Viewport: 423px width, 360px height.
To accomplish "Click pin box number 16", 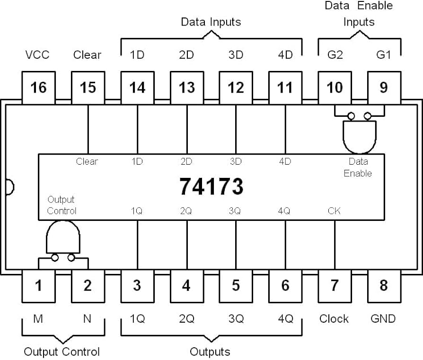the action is tap(39, 88).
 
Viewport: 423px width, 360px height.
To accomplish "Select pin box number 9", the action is tap(384, 88).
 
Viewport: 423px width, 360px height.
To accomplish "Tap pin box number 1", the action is tap(39, 286).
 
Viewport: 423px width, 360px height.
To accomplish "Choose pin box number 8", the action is tap(384, 286).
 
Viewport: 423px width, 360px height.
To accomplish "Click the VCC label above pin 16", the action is tap(37, 55).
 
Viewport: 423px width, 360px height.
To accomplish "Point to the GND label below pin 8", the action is tap(383, 319).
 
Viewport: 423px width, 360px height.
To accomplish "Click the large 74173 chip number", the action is tap(211, 186).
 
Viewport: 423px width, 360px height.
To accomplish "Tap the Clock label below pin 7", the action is tap(334, 319).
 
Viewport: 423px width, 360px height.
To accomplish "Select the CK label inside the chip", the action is tap(334, 211).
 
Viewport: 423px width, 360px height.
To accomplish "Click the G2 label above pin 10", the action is tap(335, 55).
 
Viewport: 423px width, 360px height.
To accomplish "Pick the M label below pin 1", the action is tap(38, 319).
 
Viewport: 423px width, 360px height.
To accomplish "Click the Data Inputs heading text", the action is tap(211, 22).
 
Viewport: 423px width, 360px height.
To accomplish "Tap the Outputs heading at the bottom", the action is tap(210, 351).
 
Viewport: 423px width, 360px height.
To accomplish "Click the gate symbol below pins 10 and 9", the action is tap(359, 135).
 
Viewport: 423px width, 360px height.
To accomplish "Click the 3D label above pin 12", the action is tap(236, 55).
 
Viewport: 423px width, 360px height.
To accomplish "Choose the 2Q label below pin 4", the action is tap(186, 319).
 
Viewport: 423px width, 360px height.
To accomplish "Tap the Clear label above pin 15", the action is tap(87, 55).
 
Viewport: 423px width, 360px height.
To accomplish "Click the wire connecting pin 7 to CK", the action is tap(335, 245).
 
